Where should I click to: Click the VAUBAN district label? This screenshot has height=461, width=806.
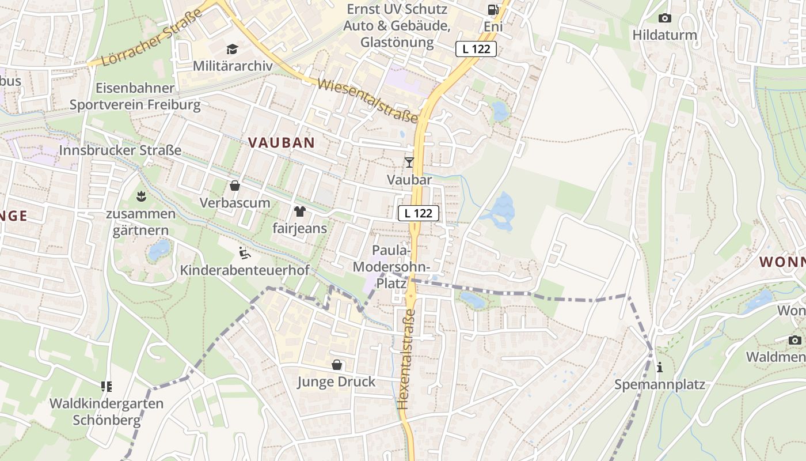pyautogui.click(x=282, y=142)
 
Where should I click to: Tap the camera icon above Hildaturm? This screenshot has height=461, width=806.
pyautogui.click(x=664, y=18)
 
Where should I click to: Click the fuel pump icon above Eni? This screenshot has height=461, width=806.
pyautogui.click(x=493, y=9)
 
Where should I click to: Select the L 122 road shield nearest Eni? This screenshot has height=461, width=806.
pyautogui.click(x=476, y=49)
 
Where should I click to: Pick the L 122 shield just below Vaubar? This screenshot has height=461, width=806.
pyautogui.click(x=419, y=213)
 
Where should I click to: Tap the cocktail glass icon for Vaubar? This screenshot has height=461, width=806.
pyautogui.click(x=409, y=163)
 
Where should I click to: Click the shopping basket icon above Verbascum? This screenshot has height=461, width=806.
pyautogui.click(x=235, y=186)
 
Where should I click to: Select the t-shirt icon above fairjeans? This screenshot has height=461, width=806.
pyautogui.click(x=299, y=211)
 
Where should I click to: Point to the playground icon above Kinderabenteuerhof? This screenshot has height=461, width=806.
pyautogui.click(x=245, y=252)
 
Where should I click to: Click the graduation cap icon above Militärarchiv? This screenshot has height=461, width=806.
pyautogui.click(x=232, y=49)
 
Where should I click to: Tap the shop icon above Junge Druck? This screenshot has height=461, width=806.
pyautogui.click(x=337, y=365)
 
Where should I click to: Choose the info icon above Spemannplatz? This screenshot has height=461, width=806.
pyautogui.click(x=660, y=367)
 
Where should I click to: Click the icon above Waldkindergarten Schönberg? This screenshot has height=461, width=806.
pyautogui.click(x=107, y=386)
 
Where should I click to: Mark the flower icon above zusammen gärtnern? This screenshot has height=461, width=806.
pyautogui.click(x=140, y=197)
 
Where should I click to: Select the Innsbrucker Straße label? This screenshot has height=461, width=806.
pyautogui.click(x=120, y=150)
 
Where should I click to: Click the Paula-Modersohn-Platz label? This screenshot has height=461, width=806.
pyautogui.click(x=391, y=267)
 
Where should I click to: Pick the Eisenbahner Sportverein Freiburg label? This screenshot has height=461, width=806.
pyautogui.click(x=135, y=96)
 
